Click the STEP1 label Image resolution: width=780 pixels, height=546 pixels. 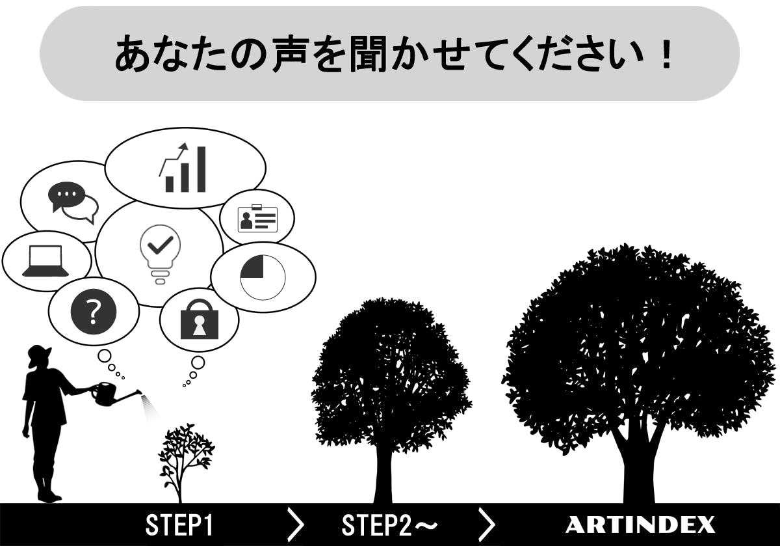tap(179, 525)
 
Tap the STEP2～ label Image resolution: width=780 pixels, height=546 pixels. tap(389, 525)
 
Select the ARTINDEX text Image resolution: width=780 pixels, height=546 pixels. tap(640, 525)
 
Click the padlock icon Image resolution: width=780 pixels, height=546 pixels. tap(200, 319)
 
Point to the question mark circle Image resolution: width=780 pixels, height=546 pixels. tap(94, 312)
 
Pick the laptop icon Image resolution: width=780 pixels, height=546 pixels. tap(45, 261)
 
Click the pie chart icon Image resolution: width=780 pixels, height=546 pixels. tap(263, 277)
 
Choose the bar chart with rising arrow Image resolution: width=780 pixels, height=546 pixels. tap(183, 167)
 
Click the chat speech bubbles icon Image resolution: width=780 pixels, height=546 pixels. tap(73, 202)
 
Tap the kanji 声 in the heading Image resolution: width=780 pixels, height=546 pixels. tap(291, 53)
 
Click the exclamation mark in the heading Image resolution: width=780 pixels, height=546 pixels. tap(666, 53)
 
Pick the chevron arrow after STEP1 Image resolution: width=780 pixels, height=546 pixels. tap(295, 525)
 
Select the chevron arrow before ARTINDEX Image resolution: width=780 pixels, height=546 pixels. tap(487, 525)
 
